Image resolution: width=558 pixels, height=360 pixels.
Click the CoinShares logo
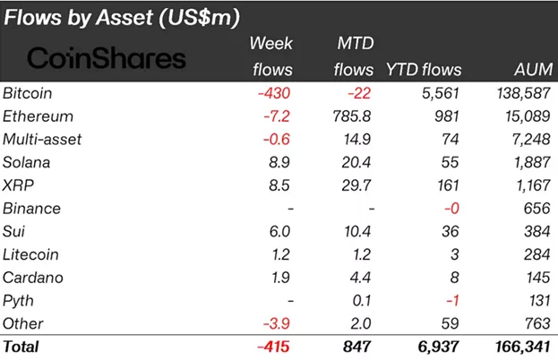107,59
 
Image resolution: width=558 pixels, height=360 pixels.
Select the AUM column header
526,69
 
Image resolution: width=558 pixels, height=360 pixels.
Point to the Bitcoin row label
30,92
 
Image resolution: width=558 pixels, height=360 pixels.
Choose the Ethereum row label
38,116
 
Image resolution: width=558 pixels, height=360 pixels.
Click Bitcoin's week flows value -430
275,92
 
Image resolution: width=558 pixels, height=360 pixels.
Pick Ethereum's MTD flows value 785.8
352,116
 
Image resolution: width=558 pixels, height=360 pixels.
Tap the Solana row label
28,162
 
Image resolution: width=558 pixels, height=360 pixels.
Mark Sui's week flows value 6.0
281,231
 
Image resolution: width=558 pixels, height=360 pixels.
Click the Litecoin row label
32,254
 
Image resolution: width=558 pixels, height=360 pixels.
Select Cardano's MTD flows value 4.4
360,278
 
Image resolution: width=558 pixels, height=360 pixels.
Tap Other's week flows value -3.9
278,323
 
